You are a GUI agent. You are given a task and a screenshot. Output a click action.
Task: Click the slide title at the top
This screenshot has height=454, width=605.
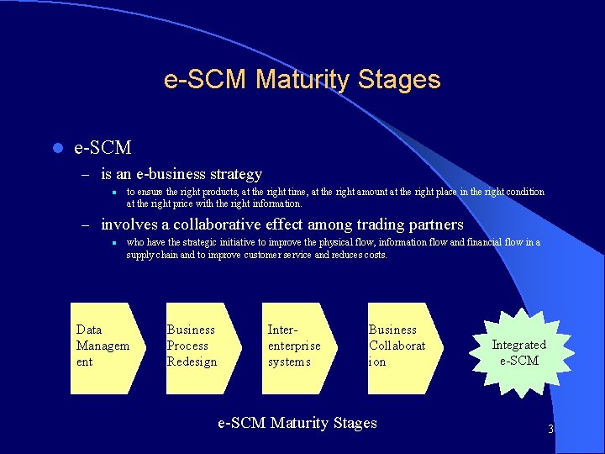(x=302, y=80)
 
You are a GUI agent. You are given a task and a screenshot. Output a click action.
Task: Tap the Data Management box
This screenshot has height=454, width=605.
(x=102, y=347)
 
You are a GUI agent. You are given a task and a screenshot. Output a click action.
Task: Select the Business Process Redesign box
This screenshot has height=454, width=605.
(x=195, y=347)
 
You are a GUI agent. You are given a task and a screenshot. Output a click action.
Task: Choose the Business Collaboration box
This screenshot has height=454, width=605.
(x=400, y=347)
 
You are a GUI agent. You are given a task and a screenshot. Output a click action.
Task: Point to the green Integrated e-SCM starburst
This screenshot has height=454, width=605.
(x=518, y=352)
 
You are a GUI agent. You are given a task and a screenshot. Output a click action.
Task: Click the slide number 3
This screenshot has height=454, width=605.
(x=550, y=430)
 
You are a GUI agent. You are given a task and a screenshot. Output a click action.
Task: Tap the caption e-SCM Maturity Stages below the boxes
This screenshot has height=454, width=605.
(x=297, y=423)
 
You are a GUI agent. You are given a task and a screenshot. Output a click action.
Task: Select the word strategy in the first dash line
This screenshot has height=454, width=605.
(x=235, y=174)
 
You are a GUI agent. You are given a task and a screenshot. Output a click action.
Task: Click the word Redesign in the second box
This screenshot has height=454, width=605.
(x=192, y=362)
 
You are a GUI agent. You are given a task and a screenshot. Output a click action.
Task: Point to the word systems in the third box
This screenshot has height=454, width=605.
(x=289, y=362)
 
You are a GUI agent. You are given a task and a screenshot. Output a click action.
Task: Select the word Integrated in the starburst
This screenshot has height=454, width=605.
(x=518, y=345)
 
